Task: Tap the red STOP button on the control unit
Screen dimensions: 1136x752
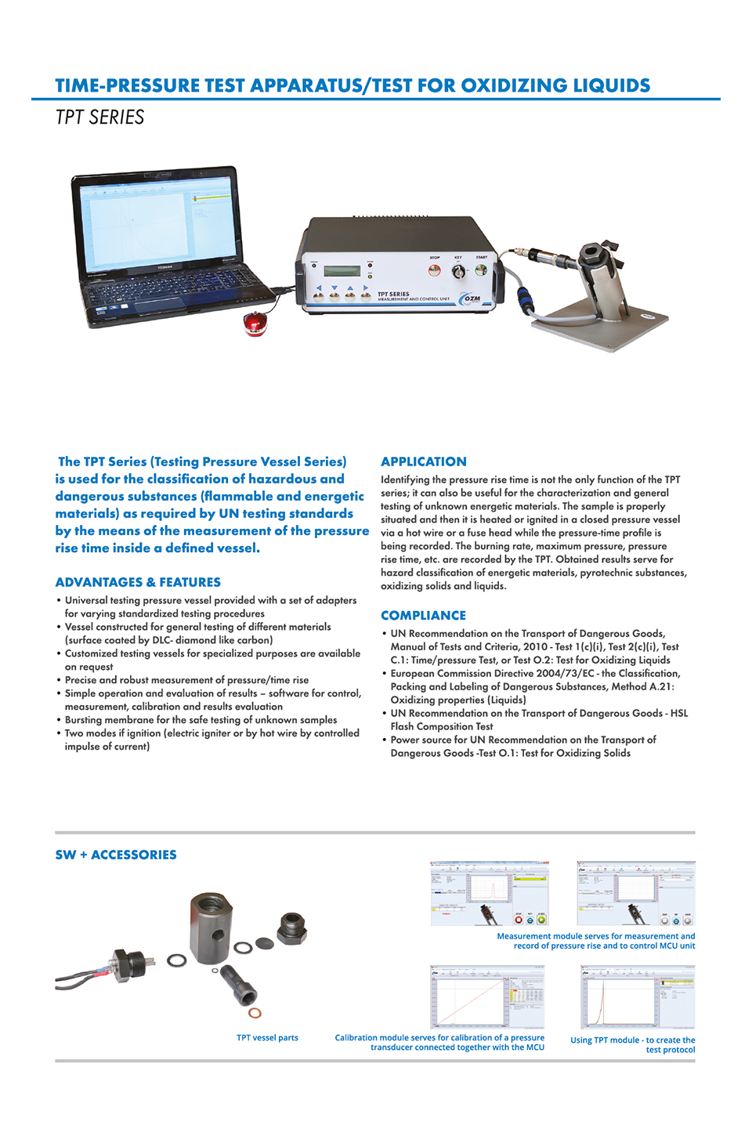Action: coord(434,270)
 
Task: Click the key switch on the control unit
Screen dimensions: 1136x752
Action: coord(458,271)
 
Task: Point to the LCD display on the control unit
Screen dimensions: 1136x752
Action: coord(342,271)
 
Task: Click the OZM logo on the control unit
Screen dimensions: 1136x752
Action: coord(472,298)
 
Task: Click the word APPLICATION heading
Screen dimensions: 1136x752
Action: coord(423,462)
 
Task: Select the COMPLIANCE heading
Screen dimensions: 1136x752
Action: coord(423,616)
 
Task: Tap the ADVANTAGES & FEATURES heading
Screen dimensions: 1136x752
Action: coord(138,582)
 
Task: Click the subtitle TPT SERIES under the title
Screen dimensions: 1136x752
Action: coord(99,118)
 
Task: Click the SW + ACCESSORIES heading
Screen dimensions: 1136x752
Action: coord(116,855)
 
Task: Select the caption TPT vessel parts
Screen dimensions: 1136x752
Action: coord(267,1038)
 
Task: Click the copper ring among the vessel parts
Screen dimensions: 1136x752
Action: coord(255,1014)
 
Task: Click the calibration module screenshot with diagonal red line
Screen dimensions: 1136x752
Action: coord(486,997)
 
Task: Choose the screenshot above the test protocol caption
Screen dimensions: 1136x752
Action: coord(637,997)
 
